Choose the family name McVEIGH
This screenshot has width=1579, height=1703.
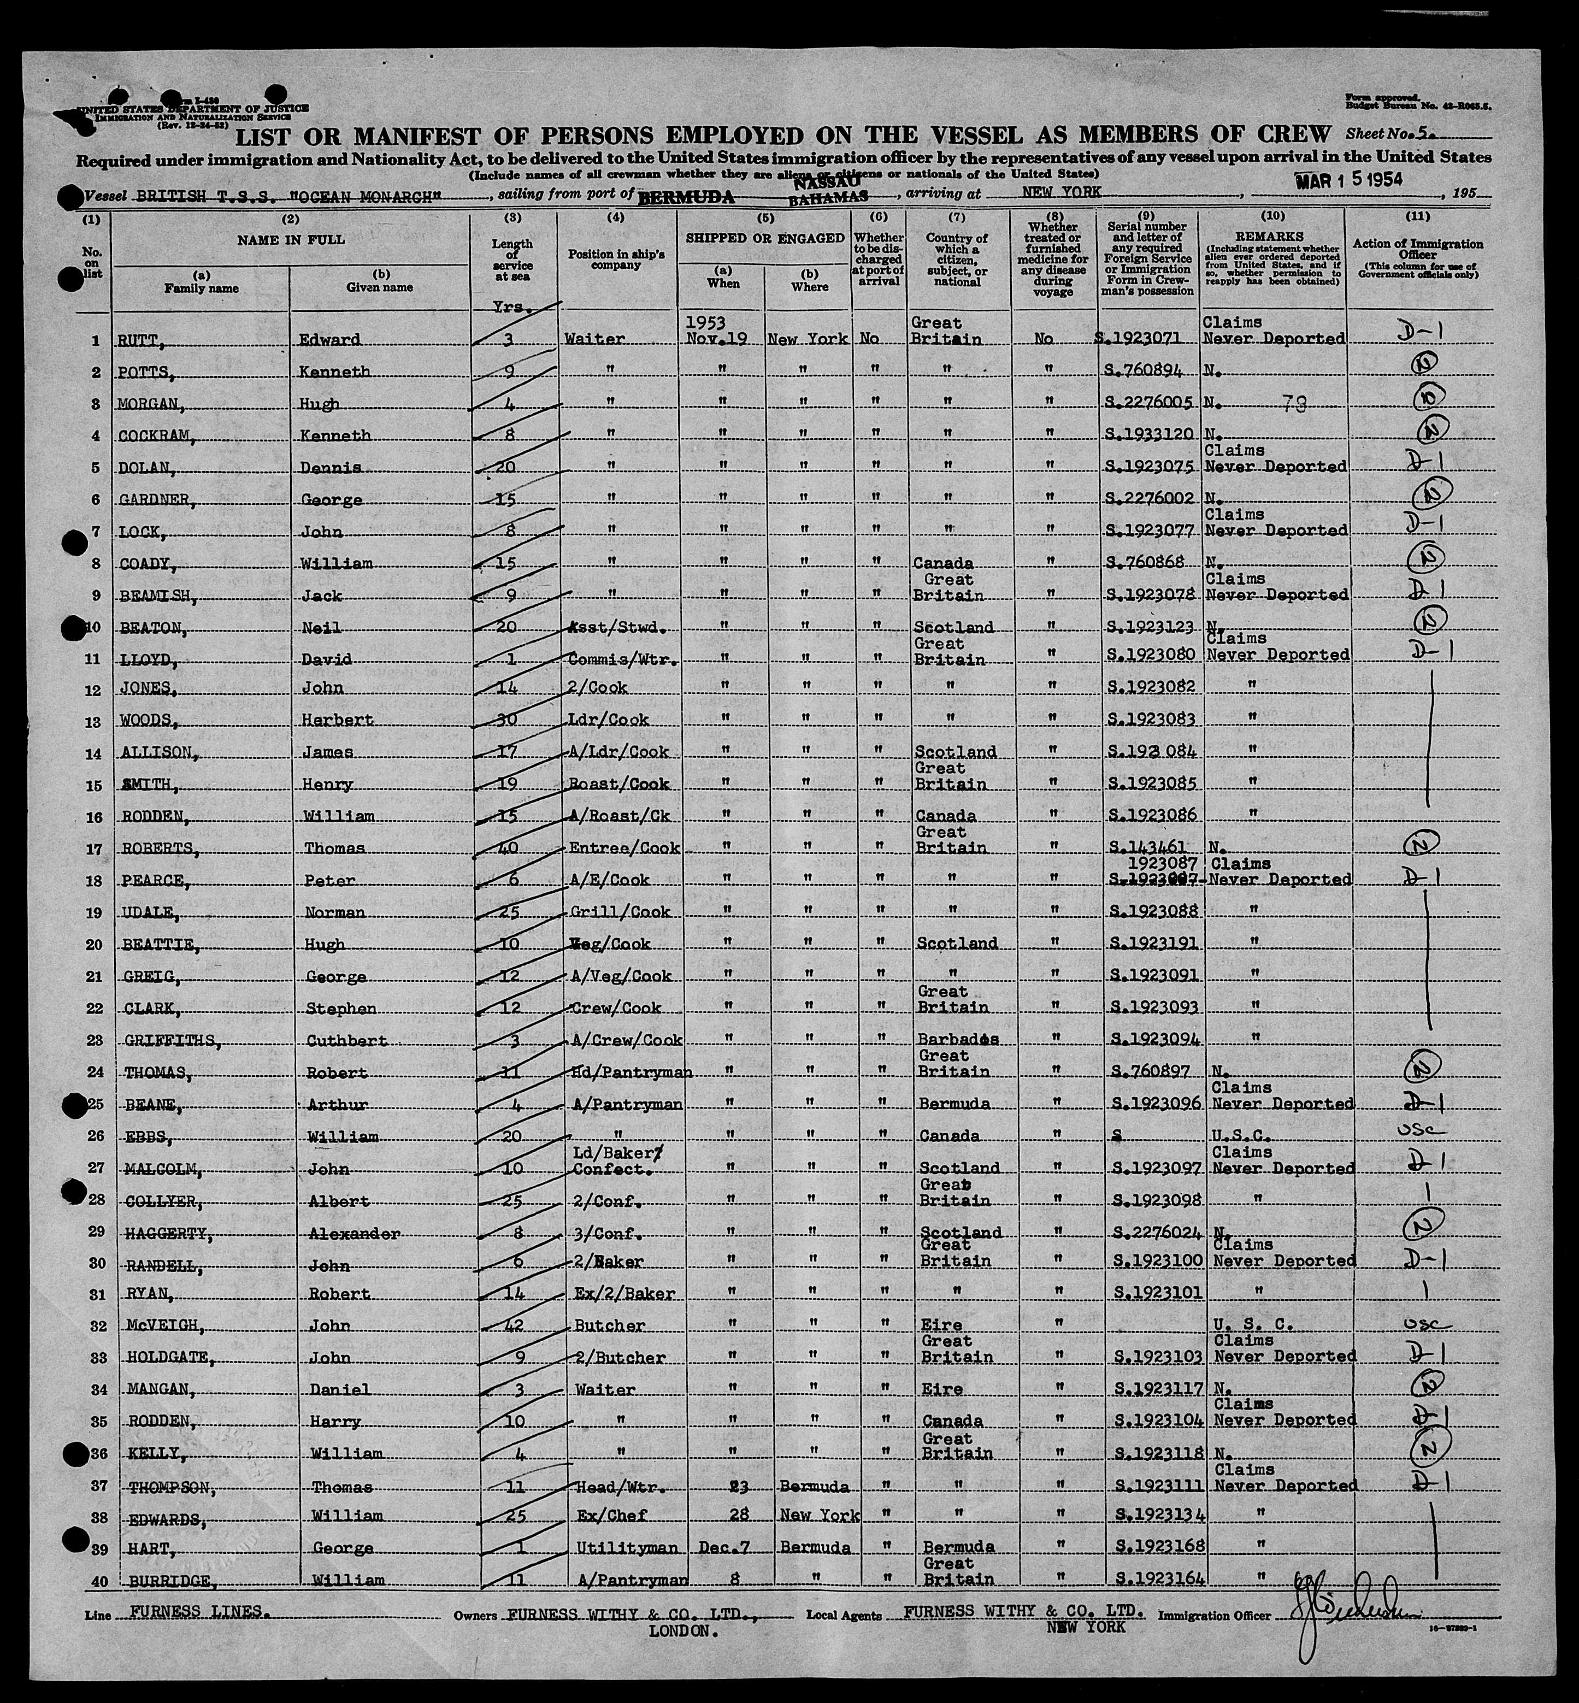pos(156,1326)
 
